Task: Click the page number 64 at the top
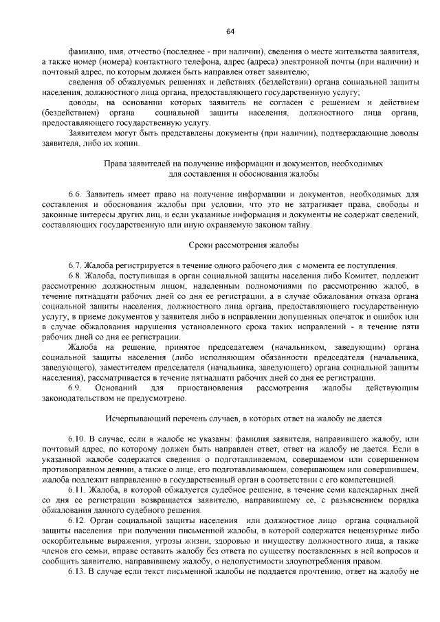click(x=230, y=32)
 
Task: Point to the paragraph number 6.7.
click(x=75, y=265)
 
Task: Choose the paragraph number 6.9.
click(x=75, y=388)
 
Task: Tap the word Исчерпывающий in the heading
click(x=134, y=418)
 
